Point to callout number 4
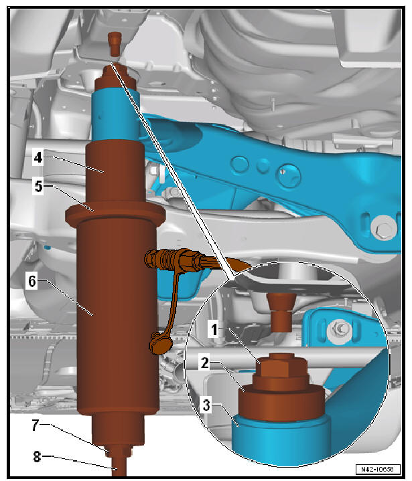[x=39, y=159]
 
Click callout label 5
[x=39, y=187]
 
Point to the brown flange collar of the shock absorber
[x=114, y=216]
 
